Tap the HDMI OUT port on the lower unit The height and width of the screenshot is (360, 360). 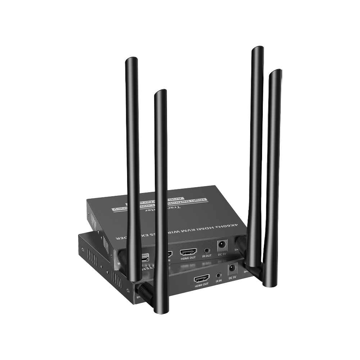coord(202,278)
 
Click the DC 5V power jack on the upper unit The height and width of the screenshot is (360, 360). coord(221,245)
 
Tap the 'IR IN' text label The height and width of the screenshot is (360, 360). coord(219,283)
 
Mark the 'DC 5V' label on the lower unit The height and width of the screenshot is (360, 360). coord(232,277)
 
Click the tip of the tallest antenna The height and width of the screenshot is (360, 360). coord(258,49)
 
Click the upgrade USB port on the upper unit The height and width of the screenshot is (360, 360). coord(146,259)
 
